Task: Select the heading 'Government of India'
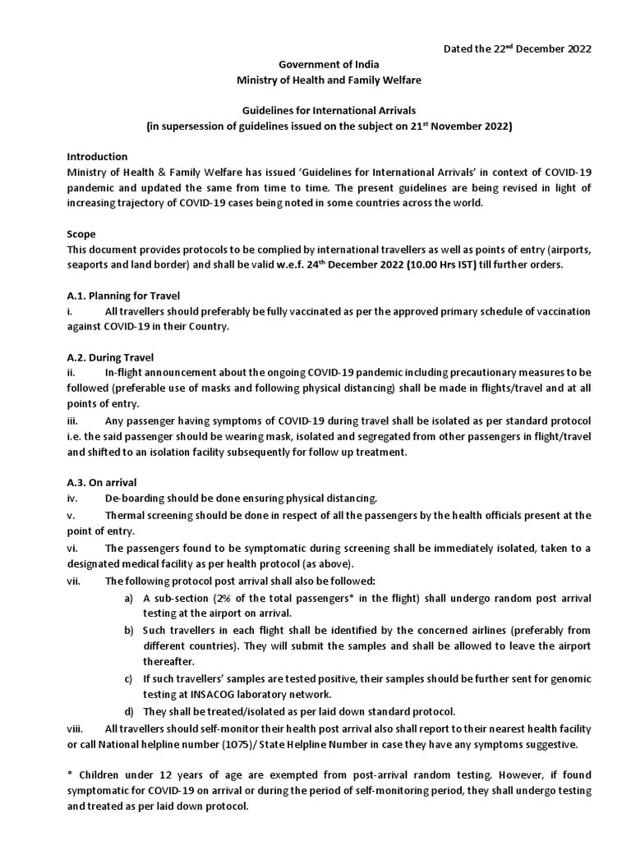click(x=329, y=64)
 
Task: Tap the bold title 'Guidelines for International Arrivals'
click(x=329, y=111)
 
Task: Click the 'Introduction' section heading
click(x=97, y=156)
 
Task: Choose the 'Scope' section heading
click(x=81, y=234)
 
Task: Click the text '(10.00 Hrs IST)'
click(x=371, y=265)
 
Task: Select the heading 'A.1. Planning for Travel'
click(x=123, y=296)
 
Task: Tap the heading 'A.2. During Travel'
click(x=110, y=357)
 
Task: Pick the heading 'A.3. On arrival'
click(x=102, y=482)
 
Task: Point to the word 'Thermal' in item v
click(x=125, y=516)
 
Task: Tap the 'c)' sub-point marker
click(x=129, y=678)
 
